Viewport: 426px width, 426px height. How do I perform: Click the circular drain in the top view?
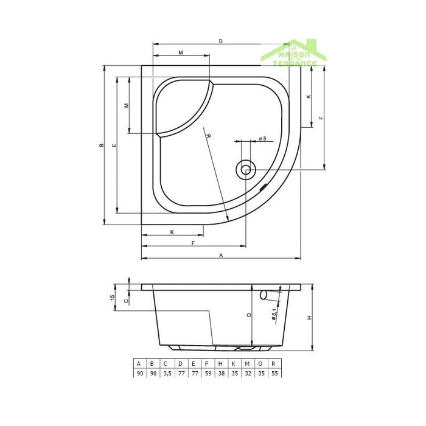tap(246, 169)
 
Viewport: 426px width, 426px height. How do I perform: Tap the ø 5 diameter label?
tap(262, 139)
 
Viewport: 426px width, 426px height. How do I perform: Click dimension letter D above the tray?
tap(220, 41)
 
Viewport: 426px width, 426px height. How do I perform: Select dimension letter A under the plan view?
tap(222, 255)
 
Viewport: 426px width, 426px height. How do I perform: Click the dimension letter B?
tap(102, 145)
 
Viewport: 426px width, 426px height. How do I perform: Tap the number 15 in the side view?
tap(113, 298)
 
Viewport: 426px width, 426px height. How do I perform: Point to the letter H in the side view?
tap(309, 318)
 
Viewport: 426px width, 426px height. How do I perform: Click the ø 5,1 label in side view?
tap(274, 314)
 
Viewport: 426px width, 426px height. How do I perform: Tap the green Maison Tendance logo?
tap(294, 54)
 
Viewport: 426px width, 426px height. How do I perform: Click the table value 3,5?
tap(166, 374)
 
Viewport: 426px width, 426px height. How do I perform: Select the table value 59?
tap(208, 374)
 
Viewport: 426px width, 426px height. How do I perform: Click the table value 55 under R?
tap(276, 374)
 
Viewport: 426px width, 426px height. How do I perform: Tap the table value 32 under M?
tap(248, 374)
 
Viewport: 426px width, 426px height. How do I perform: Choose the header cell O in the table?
tap(262, 363)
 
